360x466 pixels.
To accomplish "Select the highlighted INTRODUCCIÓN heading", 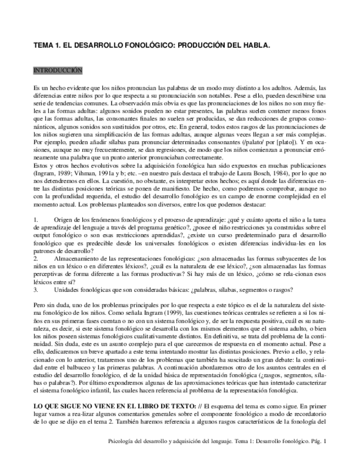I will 58,70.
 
